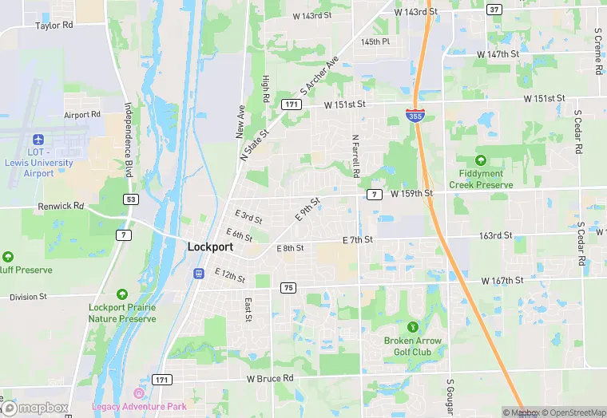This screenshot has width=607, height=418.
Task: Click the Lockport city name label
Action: coord(210,246)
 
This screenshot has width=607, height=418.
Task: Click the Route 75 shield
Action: coord(288,287)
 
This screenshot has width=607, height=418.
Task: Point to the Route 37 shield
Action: coord(494,10)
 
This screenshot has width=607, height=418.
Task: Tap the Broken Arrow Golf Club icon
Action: coord(413,326)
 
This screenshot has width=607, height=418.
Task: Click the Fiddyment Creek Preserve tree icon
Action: coord(481,160)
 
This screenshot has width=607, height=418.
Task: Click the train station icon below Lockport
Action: coord(198,274)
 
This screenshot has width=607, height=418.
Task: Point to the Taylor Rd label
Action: coord(54,26)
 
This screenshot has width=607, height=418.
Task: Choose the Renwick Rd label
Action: coord(61,206)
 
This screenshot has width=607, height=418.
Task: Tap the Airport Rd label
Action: coord(82,115)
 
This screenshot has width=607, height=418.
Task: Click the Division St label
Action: coord(29,297)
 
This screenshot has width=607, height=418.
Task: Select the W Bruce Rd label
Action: coord(270,378)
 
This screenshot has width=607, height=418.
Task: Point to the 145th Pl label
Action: coord(375,41)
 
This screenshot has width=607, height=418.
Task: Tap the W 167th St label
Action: coord(502,281)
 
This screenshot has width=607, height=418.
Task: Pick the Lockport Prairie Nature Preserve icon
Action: coord(122,294)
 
